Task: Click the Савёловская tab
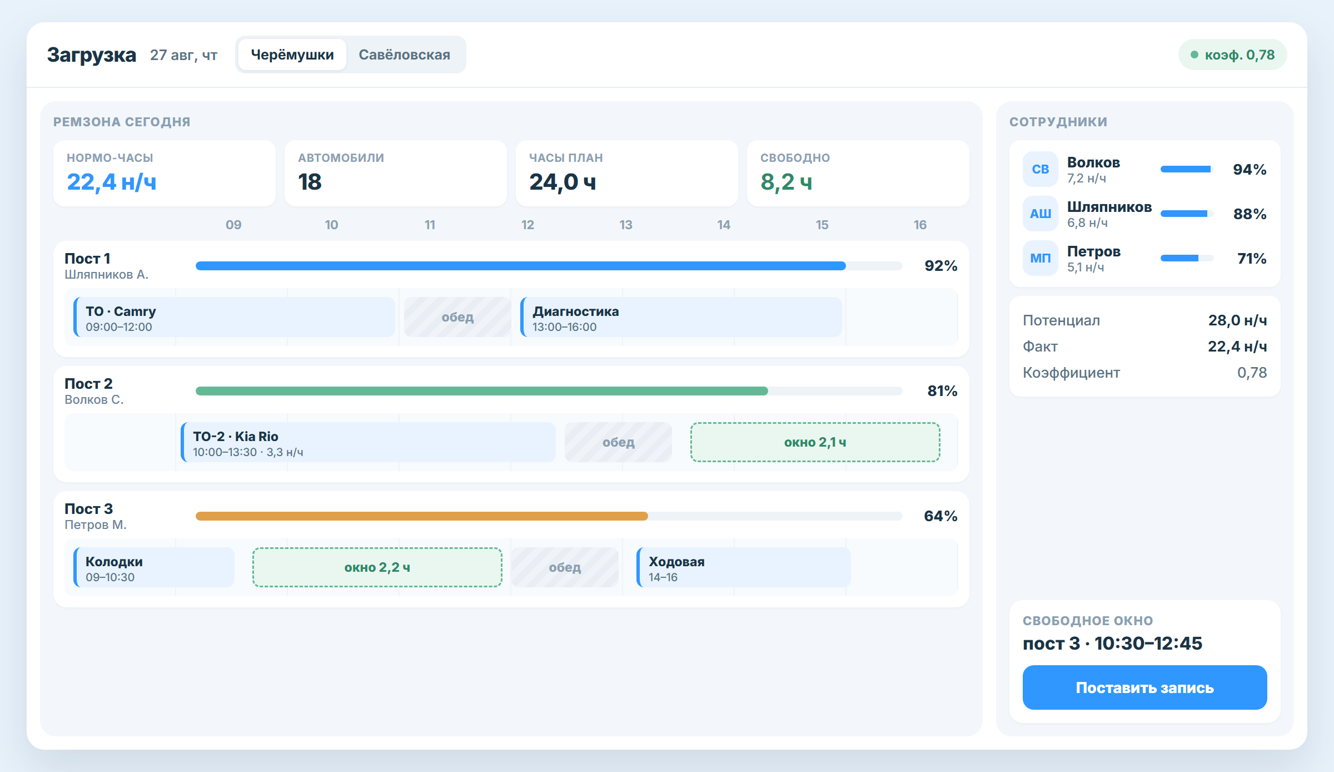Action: click(x=404, y=55)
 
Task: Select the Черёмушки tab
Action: click(x=292, y=55)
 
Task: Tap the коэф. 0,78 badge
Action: click(x=1232, y=55)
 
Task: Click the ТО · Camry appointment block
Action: click(x=234, y=317)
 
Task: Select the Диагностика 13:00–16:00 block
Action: click(x=681, y=317)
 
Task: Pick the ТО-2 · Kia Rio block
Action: click(x=368, y=442)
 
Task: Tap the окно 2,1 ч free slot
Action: click(x=815, y=442)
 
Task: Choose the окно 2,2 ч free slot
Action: click(x=377, y=567)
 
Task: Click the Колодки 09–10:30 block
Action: click(x=154, y=567)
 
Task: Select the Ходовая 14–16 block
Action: click(x=744, y=567)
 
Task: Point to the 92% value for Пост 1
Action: click(x=940, y=266)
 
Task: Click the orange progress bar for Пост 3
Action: click(x=422, y=516)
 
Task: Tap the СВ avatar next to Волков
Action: click(x=1041, y=169)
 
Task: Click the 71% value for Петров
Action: click(x=1252, y=258)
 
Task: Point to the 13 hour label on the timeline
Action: click(x=626, y=225)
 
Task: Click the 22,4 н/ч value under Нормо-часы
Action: click(x=112, y=182)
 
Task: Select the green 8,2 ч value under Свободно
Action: click(x=787, y=182)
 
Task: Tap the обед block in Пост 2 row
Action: click(x=619, y=442)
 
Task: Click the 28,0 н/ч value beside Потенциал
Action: click(x=1237, y=320)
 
